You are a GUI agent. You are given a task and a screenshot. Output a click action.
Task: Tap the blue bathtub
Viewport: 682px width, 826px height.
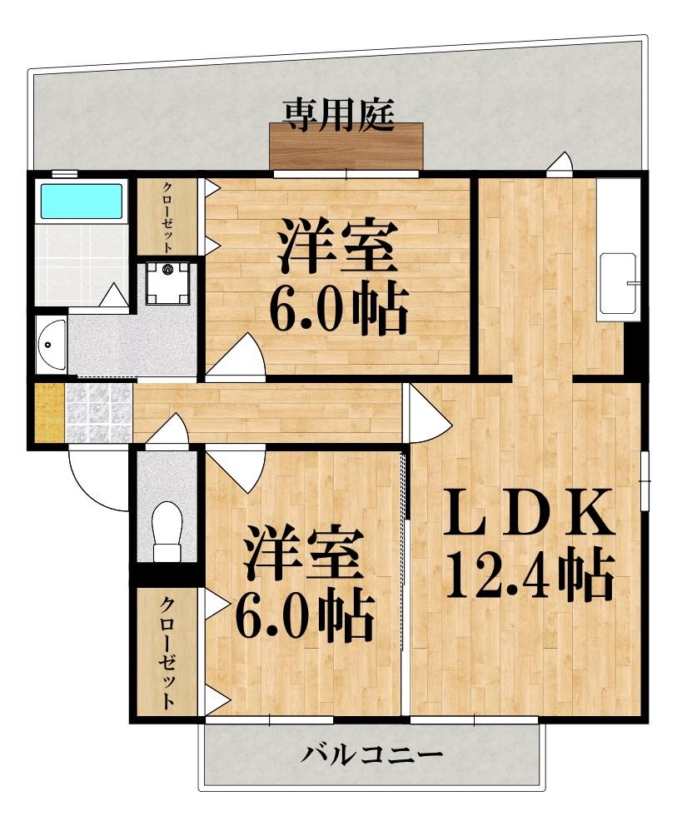click(81, 202)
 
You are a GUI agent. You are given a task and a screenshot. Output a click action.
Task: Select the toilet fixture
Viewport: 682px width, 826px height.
click(167, 530)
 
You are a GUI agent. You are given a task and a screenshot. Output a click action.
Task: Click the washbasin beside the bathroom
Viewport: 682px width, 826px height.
click(50, 344)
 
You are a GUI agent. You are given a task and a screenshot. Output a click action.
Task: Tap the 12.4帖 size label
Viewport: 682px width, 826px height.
click(530, 574)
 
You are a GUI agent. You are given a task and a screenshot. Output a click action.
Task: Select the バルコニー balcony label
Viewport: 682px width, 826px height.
click(371, 756)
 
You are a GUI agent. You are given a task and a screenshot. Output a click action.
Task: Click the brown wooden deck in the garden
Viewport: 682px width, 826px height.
click(346, 147)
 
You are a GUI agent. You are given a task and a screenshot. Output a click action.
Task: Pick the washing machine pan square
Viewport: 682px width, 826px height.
click(167, 282)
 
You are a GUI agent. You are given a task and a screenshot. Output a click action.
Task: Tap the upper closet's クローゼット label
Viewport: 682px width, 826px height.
click(167, 216)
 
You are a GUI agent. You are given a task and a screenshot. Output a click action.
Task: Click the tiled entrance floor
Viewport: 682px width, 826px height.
click(98, 412)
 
